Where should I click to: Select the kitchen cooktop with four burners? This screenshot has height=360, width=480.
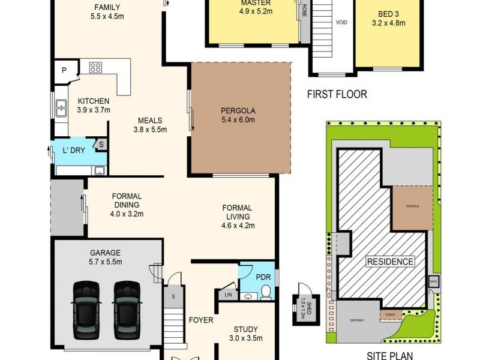[96, 67]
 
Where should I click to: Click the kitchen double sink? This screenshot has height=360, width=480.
[61, 108]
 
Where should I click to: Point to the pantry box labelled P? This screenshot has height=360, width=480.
[64, 71]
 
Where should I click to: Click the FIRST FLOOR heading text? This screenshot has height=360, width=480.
[337, 94]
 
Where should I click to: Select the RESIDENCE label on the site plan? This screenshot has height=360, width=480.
[391, 262]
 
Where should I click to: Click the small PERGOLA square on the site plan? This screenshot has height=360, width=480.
[413, 207]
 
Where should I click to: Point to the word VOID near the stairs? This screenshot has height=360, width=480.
[341, 22]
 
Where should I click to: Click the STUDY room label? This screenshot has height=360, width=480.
[246, 329]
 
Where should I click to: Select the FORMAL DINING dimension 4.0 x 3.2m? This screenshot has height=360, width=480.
[127, 213]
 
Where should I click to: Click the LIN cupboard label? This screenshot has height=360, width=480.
[228, 295]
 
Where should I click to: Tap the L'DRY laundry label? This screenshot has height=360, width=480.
[74, 150]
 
